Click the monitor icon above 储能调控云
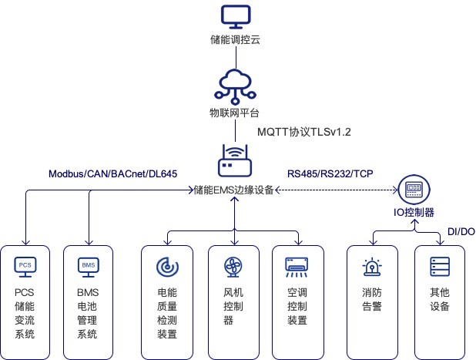point(233,17)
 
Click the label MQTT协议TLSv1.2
point(303,133)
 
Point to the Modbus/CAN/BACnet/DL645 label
point(113,174)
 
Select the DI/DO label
point(461,231)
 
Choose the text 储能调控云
point(234,40)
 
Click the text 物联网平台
point(234,113)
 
